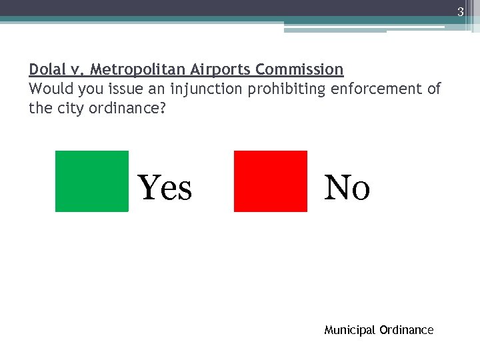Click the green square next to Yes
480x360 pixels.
[91, 181]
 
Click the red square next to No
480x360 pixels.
[271, 181]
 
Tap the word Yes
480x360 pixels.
[165, 187]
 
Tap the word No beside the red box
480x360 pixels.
[347, 187]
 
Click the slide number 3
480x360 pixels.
[460, 11]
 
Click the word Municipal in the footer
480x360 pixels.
[349, 330]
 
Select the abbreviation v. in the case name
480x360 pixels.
[79, 69]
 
